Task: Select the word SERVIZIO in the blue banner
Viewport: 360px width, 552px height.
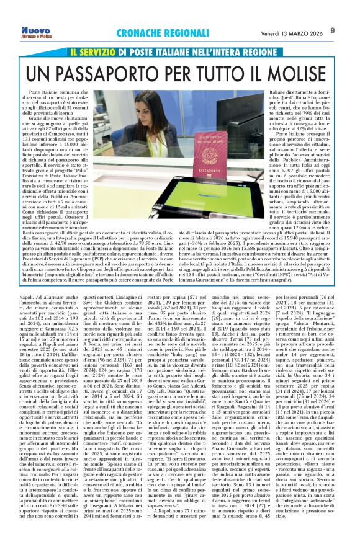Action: [104, 53]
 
